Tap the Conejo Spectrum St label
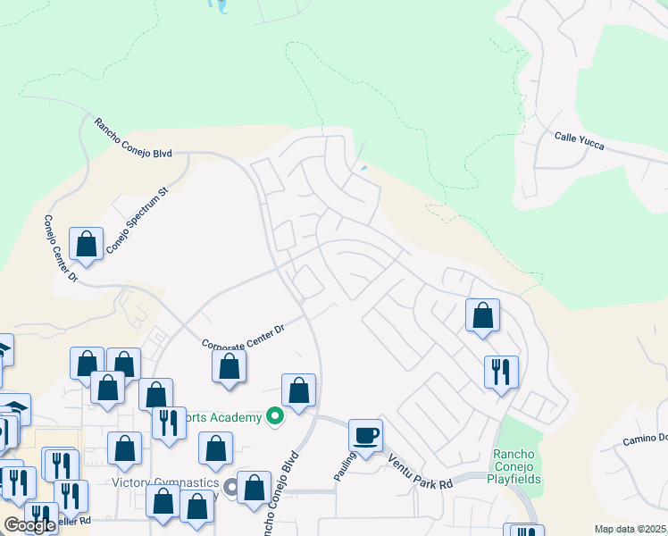(138, 219)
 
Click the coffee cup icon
(366, 436)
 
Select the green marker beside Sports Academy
(275, 416)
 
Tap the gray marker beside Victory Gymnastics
(231, 487)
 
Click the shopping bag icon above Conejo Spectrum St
(87, 243)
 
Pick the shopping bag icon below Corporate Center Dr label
(230, 366)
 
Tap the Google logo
(29, 525)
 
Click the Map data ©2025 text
(630, 529)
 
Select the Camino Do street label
(640, 437)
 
